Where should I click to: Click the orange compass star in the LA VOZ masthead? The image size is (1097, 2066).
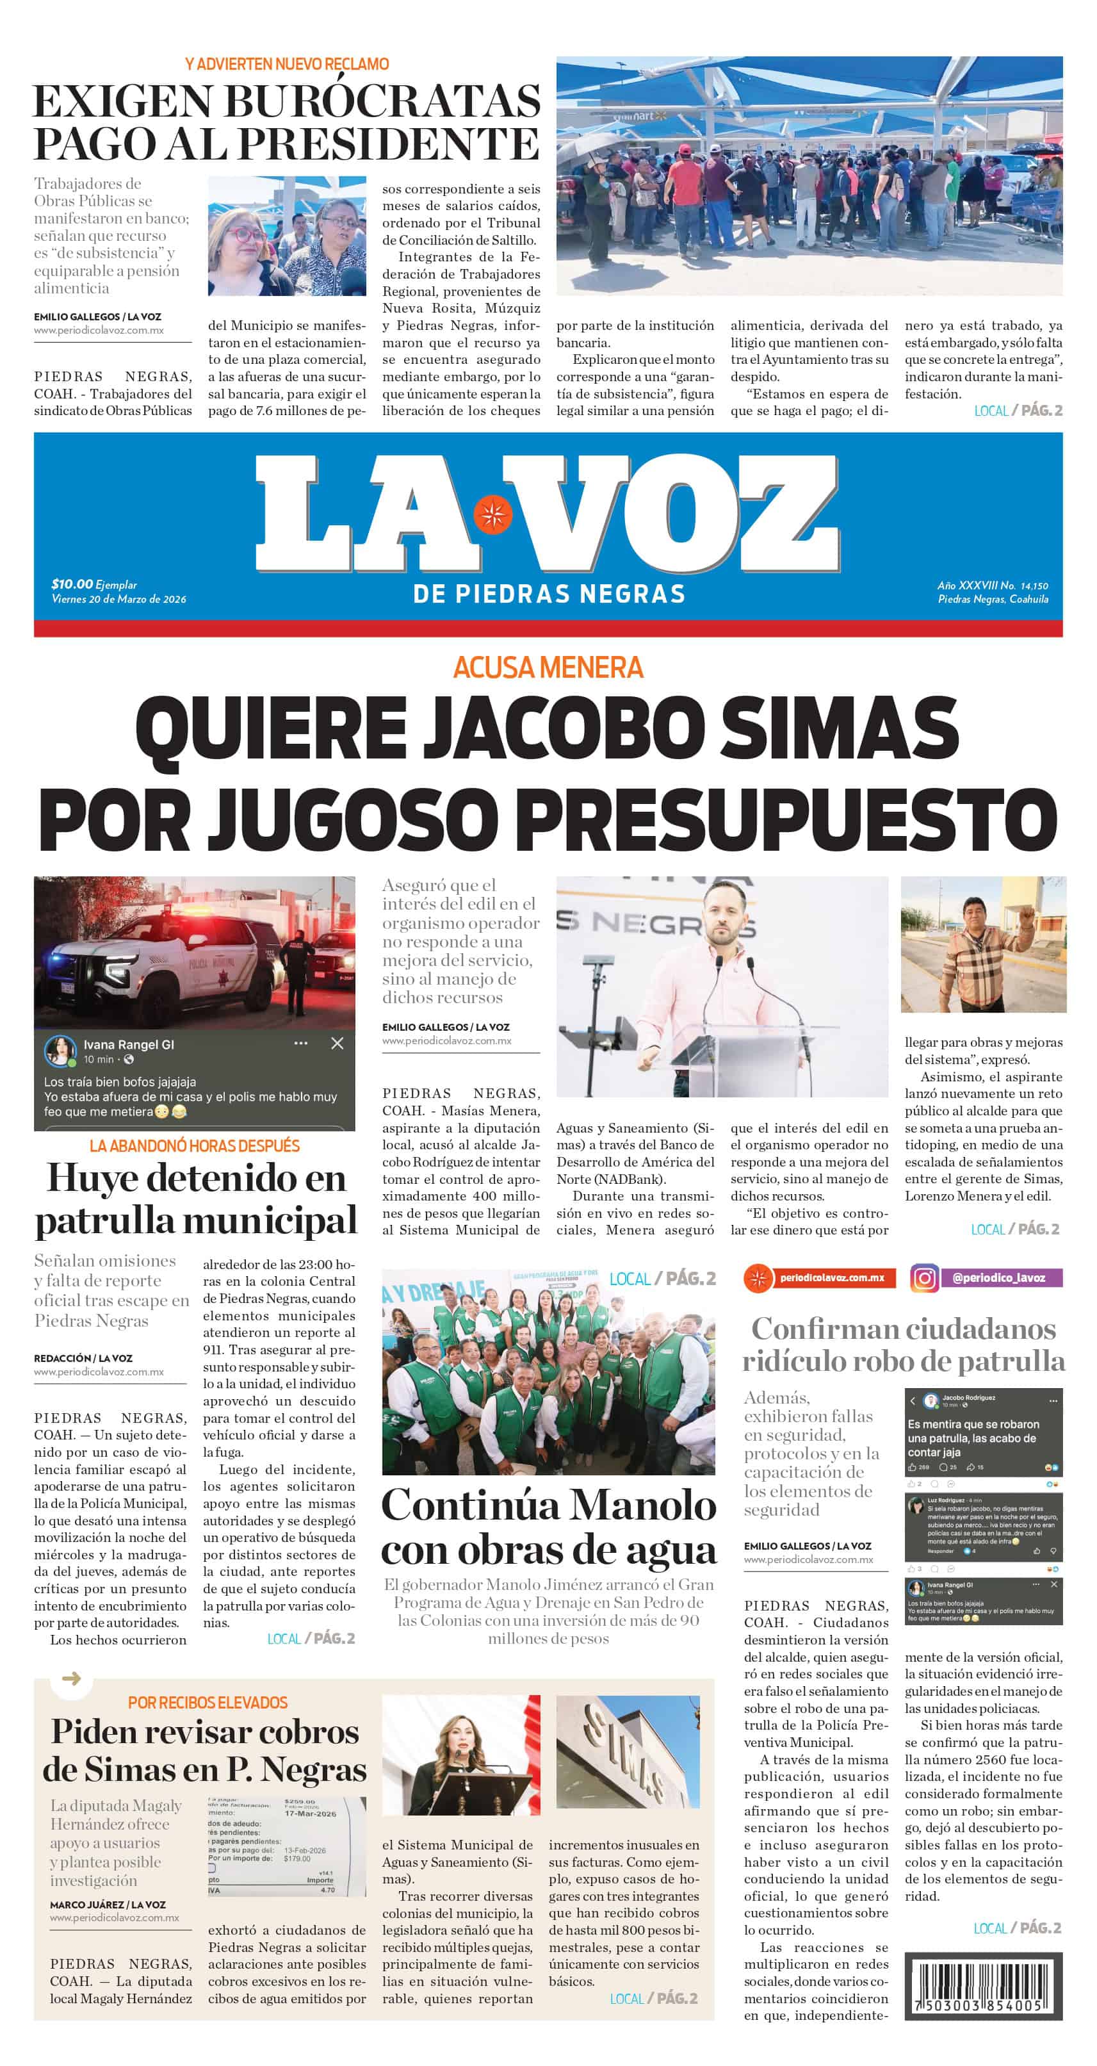pyautogui.click(x=492, y=514)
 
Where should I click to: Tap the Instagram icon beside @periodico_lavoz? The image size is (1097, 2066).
pyautogui.click(x=924, y=1277)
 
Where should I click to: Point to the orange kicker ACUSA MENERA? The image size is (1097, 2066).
pyautogui.click(x=548, y=668)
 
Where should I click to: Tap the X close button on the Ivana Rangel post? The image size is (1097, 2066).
pyautogui.click(x=337, y=1043)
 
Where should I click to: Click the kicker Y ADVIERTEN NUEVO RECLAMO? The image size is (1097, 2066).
pyautogui.click(x=286, y=64)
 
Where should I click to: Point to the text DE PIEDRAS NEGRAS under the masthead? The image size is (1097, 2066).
pyautogui.click(x=548, y=594)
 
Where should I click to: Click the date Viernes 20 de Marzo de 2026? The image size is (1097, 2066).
pyautogui.click(x=118, y=599)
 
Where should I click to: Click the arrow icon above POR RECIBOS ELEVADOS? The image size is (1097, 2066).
pyautogui.click(x=71, y=1678)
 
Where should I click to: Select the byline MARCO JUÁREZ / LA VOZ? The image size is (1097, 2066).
pyautogui.click(x=108, y=1904)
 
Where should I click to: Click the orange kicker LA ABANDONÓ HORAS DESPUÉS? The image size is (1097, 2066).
pyautogui.click(x=194, y=1146)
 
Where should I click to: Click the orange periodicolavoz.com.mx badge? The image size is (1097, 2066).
pyautogui.click(x=820, y=1277)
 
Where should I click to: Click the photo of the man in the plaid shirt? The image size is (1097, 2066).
pyautogui.click(x=983, y=945)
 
